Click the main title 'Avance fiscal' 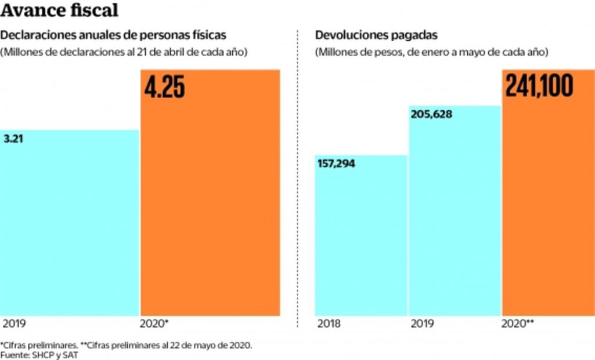(60, 10)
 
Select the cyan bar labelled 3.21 (70, 226)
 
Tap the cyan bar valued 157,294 (361, 238)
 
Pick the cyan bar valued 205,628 (455, 215)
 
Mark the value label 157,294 (337, 164)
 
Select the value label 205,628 (431, 114)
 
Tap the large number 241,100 (539, 86)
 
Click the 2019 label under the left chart (15, 323)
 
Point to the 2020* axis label (154, 323)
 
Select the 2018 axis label (329, 323)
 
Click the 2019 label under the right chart (423, 323)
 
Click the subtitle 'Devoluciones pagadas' (376, 35)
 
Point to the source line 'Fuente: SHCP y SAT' (39, 355)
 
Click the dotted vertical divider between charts (298, 174)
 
